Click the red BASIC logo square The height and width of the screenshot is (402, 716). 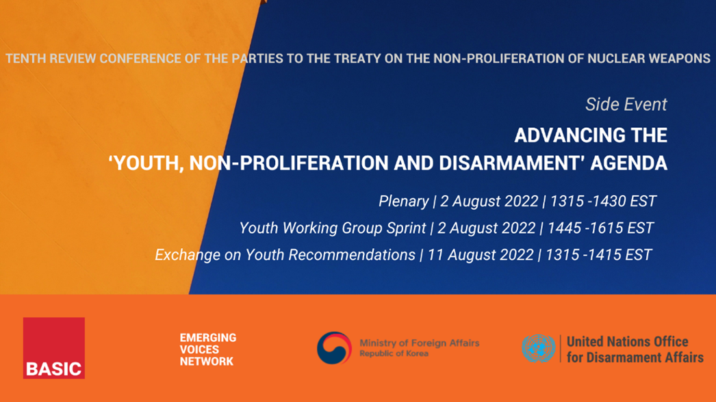pyautogui.click(x=54, y=348)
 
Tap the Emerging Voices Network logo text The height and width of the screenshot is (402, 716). pyautogui.click(x=208, y=349)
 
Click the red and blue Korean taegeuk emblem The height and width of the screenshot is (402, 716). pyautogui.click(x=334, y=348)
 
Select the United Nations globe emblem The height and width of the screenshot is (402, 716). pyautogui.click(x=539, y=348)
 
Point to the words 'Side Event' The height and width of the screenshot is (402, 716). pyautogui.click(x=626, y=105)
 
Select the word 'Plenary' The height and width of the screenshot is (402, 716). pyautogui.click(x=404, y=201)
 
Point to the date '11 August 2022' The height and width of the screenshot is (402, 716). pyautogui.click(x=481, y=255)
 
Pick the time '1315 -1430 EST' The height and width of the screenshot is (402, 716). pyautogui.click(x=603, y=201)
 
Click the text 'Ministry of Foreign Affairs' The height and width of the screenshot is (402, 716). pyautogui.click(x=419, y=343)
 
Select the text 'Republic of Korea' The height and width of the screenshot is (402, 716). pyautogui.click(x=394, y=353)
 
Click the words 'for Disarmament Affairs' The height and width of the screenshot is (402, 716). pyautogui.click(x=635, y=358)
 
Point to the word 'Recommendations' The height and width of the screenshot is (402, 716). pyautogui.click(x=331, y=255)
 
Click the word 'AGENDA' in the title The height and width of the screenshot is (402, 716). pyautogui.click(x=629, y=163)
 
